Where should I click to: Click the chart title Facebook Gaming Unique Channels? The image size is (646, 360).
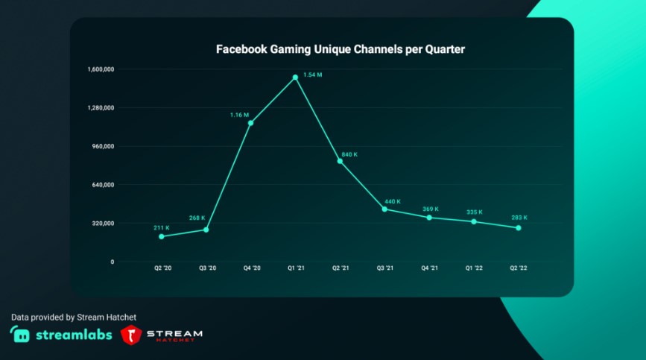[340, 49]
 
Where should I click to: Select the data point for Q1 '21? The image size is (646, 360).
[296, 77]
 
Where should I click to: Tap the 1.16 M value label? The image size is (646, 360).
[239, 115]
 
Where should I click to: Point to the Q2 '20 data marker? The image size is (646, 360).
[162, 236]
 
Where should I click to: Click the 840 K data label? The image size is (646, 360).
[349, 154]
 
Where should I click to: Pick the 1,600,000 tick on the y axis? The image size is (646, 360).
[101, 69]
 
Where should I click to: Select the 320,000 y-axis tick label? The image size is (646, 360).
[103, 223]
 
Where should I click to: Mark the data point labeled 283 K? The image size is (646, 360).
[518, 227]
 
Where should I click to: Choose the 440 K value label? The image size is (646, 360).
[393, 201]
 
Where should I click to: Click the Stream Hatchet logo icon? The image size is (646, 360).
[132, 335]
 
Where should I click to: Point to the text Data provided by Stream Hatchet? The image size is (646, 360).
[74, 317]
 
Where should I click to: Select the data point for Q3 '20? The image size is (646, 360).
[206, 230]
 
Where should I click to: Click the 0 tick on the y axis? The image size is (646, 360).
[112, 262]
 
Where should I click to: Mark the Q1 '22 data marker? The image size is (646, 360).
[473, 221]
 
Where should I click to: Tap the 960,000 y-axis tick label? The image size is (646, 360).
[103, 146]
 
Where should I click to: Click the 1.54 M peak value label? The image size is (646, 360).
[313, 75]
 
